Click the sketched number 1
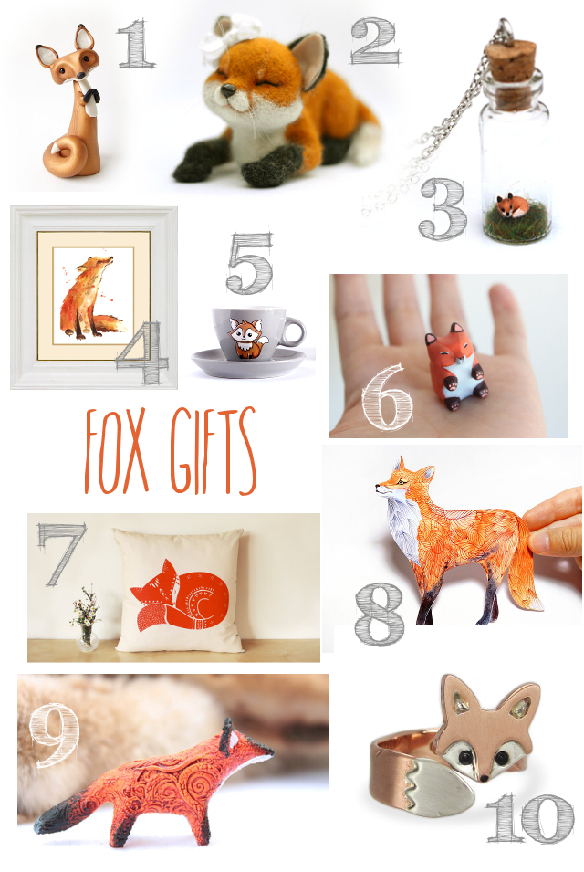(x=135, y=44)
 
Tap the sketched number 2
(x=374, y=40)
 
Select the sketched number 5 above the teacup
(x=249, y=263)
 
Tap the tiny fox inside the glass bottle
(x=512, y=206)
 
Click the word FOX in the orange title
(x=116, y=451)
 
